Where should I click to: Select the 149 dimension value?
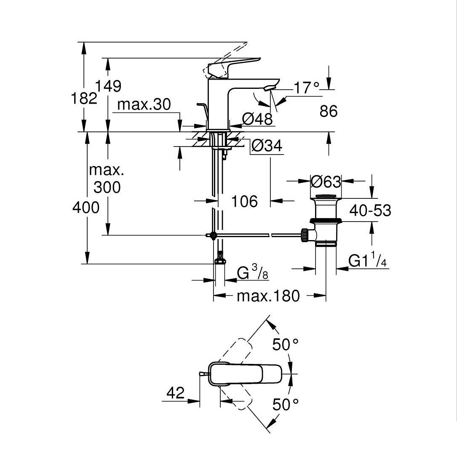(x=108, y=86)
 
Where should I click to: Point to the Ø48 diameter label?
(x=258, y=120)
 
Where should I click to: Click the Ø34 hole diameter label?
(x=267, y=146)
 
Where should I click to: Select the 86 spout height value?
(x=329, y=112)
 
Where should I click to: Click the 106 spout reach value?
(x=244, y=201)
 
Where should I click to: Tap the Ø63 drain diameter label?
(x=326, y=182)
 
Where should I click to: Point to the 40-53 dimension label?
(x=370, y=210)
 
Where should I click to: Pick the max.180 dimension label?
(x=268, y=296)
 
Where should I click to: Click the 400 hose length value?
(x=86, y=207)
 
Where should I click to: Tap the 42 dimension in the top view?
(x=176, y=393)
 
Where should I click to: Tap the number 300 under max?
(x=107, y=187)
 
